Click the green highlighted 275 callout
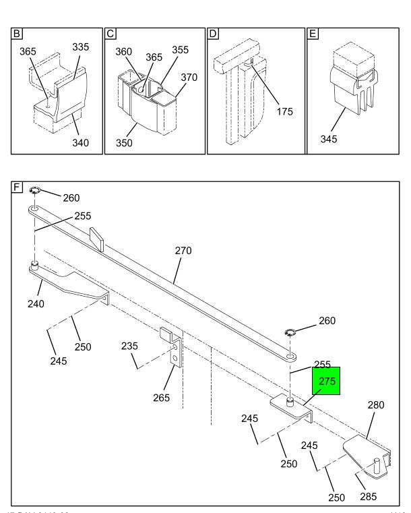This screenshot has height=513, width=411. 327,381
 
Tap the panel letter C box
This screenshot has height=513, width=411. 110,33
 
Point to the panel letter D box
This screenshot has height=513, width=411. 213,33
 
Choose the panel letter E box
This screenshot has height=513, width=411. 313,33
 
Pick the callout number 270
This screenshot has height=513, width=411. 183,251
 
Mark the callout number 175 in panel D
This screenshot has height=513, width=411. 285,111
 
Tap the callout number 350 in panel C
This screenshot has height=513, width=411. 123,143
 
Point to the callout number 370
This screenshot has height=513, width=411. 189,78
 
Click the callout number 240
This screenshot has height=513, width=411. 36,304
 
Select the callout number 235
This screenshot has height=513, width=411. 130,346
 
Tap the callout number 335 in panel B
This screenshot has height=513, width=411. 80,47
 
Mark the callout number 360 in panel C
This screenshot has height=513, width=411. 125,51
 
